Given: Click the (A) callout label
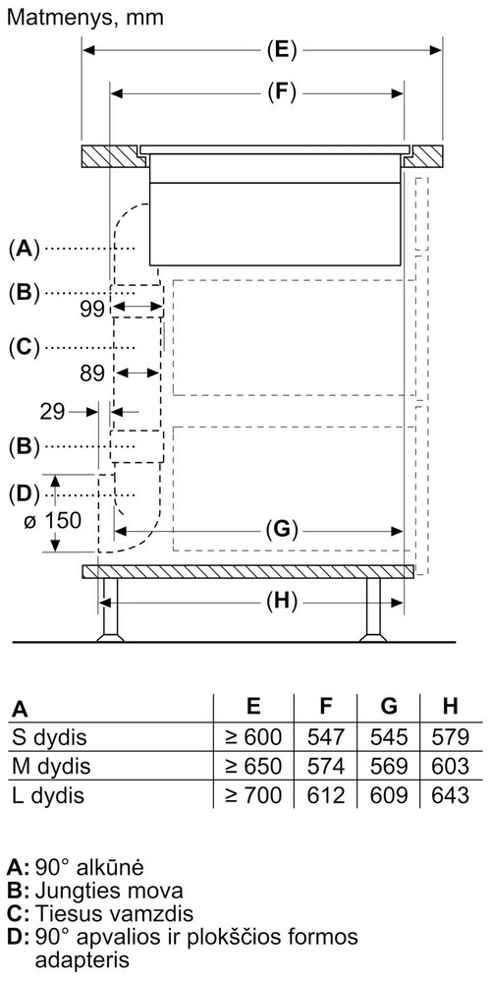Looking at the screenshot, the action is pyautogui.click(x=24, y=249).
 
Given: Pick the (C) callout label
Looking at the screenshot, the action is pyautogui.click(x=24, y=347).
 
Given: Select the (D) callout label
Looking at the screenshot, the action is pyautogui.click(x=24, y=494).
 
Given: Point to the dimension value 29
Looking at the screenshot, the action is pyautogui.click(x=52, y=412).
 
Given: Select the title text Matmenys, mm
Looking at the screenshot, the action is pyautogui.click(x=85, y=18).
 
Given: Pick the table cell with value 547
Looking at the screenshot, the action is pyautogui.click(x=326, y=736).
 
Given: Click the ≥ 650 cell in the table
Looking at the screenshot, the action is pyautogui.click(x=253, y=766).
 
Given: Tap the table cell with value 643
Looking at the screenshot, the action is pyautogui.click(x=451, y=795).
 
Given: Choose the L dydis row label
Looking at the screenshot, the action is pyautogui.click(x=48, y=795).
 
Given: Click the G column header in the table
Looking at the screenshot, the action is pyautogui.click(x=389, y=707).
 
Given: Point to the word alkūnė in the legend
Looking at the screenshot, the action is pyautogui.click(x=109, y=868).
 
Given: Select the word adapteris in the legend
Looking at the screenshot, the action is pyautogui.click(x=82, y=960).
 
